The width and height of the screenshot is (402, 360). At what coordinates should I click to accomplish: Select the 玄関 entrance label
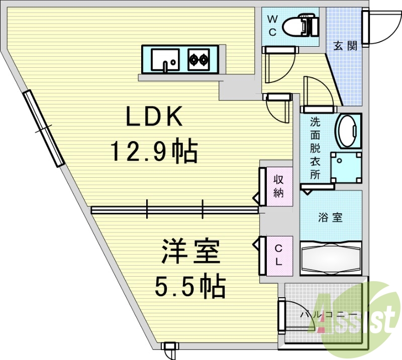point(345,46)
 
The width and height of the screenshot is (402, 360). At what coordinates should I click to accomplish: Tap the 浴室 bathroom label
point(330,217)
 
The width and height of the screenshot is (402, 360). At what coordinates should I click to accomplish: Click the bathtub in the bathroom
point(331,258)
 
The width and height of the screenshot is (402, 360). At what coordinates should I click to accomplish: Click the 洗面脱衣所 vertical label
point(315,148)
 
